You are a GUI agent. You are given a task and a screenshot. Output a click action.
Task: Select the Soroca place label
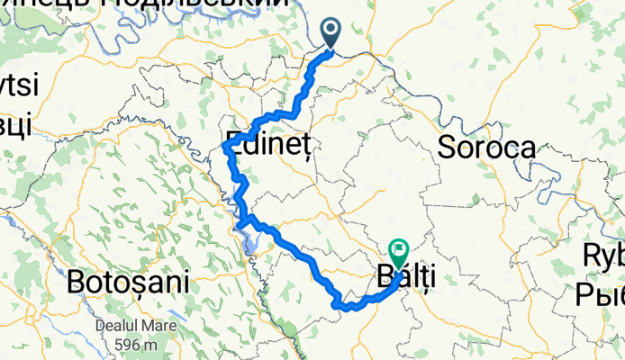click(486, 148)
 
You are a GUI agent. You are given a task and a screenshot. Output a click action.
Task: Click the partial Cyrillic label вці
click(16, 122)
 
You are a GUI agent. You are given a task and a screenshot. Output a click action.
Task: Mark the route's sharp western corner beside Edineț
click(224, 145)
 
